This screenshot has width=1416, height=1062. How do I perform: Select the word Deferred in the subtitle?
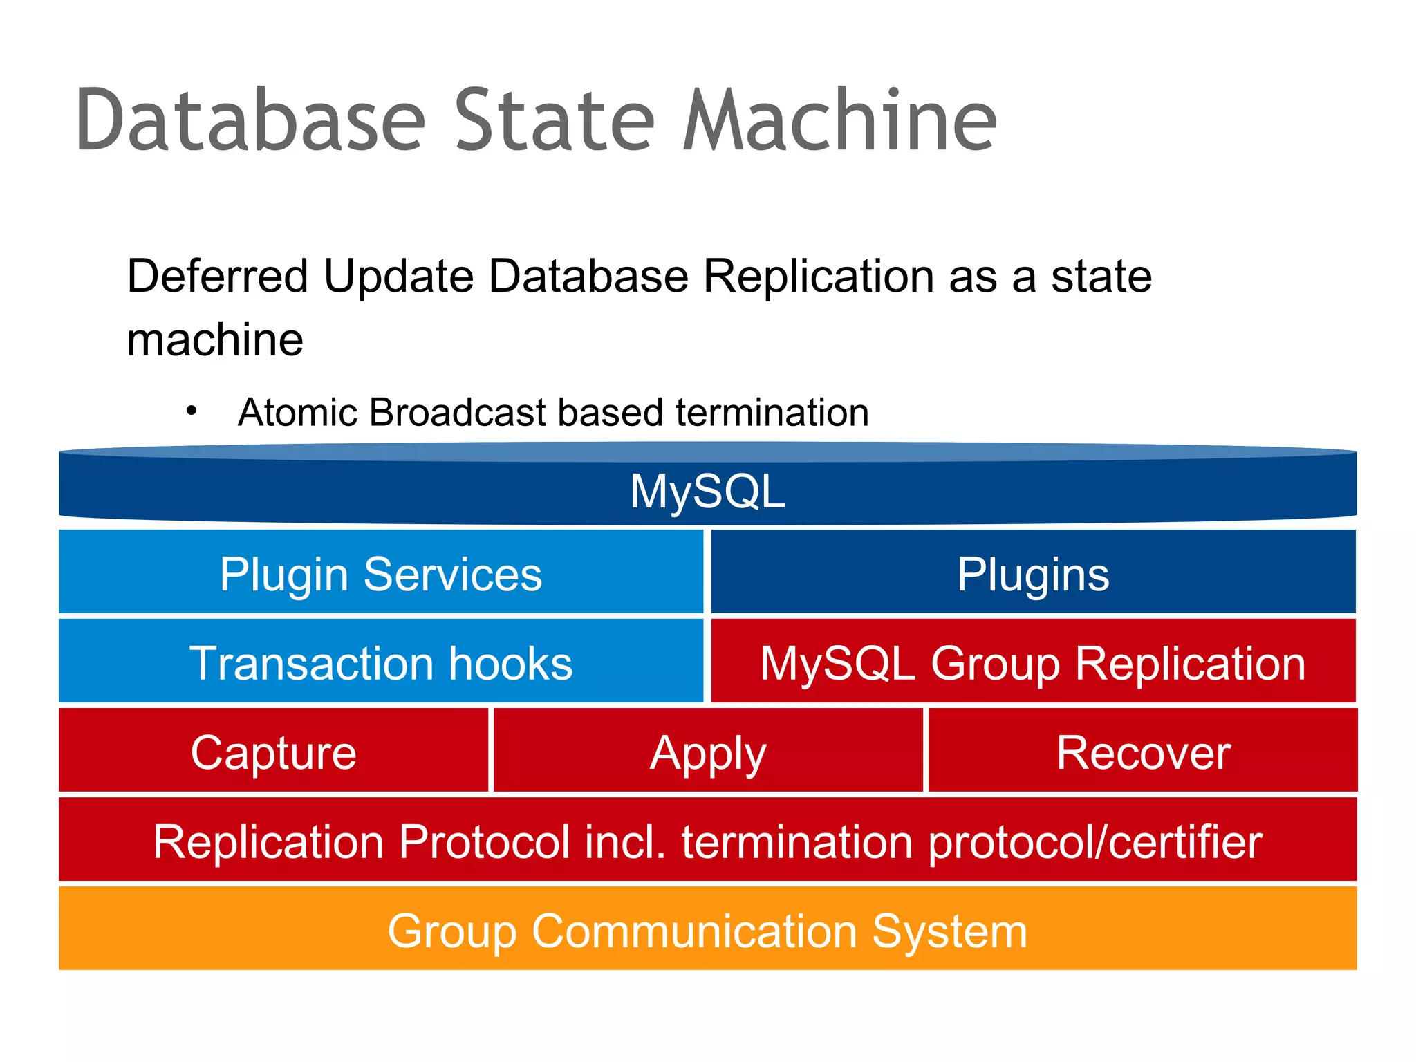(217, 277)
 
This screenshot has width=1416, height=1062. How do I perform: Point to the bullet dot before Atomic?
(192, 411)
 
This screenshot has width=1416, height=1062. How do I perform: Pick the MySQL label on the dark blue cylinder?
(707, 492)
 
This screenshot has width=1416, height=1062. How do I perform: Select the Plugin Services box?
(381, 573)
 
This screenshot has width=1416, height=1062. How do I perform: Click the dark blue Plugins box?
(1033, 573)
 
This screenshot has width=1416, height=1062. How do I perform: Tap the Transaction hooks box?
(381, 662)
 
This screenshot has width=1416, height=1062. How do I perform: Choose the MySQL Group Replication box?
(1033, 662)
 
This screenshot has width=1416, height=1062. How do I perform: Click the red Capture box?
(274, 752)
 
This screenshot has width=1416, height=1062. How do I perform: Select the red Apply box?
(708, 752)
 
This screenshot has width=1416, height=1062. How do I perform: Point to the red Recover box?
(1143, 752)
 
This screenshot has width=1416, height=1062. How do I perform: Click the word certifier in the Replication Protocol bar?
(1186, 841)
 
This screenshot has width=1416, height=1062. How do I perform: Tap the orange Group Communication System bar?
(707, 930)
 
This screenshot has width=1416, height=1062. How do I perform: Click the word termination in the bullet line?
(772, 413)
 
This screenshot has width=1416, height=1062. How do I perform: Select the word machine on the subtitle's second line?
(215, 340)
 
